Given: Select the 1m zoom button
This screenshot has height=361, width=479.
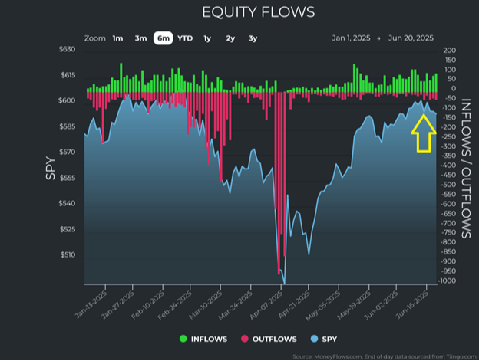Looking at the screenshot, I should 117,38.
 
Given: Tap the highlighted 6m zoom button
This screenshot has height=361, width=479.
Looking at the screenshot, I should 163,38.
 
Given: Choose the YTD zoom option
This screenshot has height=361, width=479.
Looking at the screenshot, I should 185,38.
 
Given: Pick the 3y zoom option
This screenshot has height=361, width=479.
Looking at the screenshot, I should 253,38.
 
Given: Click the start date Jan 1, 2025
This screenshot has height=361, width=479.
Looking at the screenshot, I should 351,38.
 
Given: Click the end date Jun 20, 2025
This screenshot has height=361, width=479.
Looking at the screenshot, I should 411,38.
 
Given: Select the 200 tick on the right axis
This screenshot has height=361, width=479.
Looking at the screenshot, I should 450,50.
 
